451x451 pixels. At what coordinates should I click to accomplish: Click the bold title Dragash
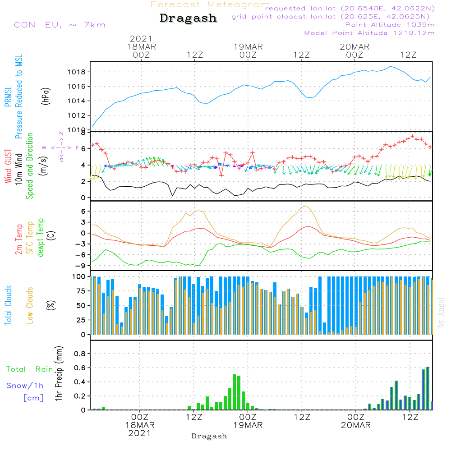click(188, 18)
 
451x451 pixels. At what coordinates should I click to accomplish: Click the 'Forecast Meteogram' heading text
click(210, 5)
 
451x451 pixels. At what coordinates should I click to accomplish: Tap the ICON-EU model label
click(57, 25)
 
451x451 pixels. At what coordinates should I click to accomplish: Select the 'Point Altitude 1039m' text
click(390, 25)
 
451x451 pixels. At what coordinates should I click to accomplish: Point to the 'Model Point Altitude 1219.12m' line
click(369, 33)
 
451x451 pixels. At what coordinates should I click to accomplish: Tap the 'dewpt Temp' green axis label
click(41, 238)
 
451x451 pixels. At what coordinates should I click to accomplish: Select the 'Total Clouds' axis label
click(8, 305)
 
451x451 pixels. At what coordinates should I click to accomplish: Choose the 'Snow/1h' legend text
click(25, 386)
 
